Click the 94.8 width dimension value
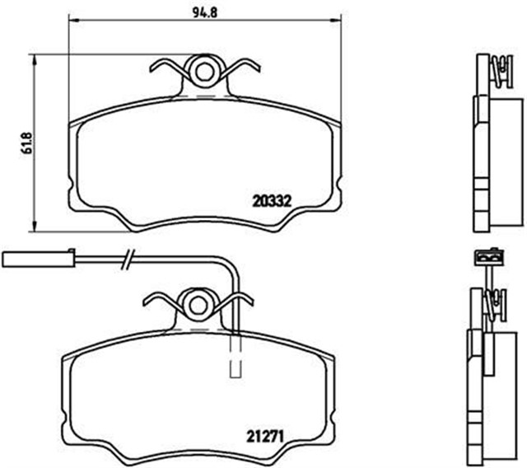[x=202, y=12]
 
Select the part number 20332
[x=273, y=199]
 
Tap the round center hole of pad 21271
[x=198, y=303]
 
